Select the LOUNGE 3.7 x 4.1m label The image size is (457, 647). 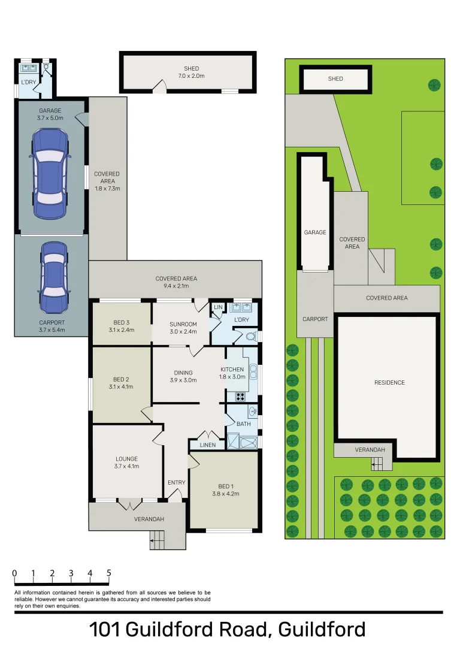point(126,462)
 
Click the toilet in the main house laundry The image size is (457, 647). point(251,336)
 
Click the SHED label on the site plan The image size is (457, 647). point(335,78)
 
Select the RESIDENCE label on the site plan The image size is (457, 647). point(389,382)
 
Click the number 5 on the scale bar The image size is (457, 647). point(109,573)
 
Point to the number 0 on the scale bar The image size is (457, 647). point(14,573)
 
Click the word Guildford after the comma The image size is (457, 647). point(322,630)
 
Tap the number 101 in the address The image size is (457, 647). point(105,630)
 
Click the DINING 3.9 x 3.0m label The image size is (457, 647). point(183,376)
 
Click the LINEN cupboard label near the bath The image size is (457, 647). point(207,445)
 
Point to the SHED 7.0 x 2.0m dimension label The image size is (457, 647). point(191,72)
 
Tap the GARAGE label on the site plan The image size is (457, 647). point(315,232)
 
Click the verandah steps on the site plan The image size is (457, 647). point(377,463)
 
